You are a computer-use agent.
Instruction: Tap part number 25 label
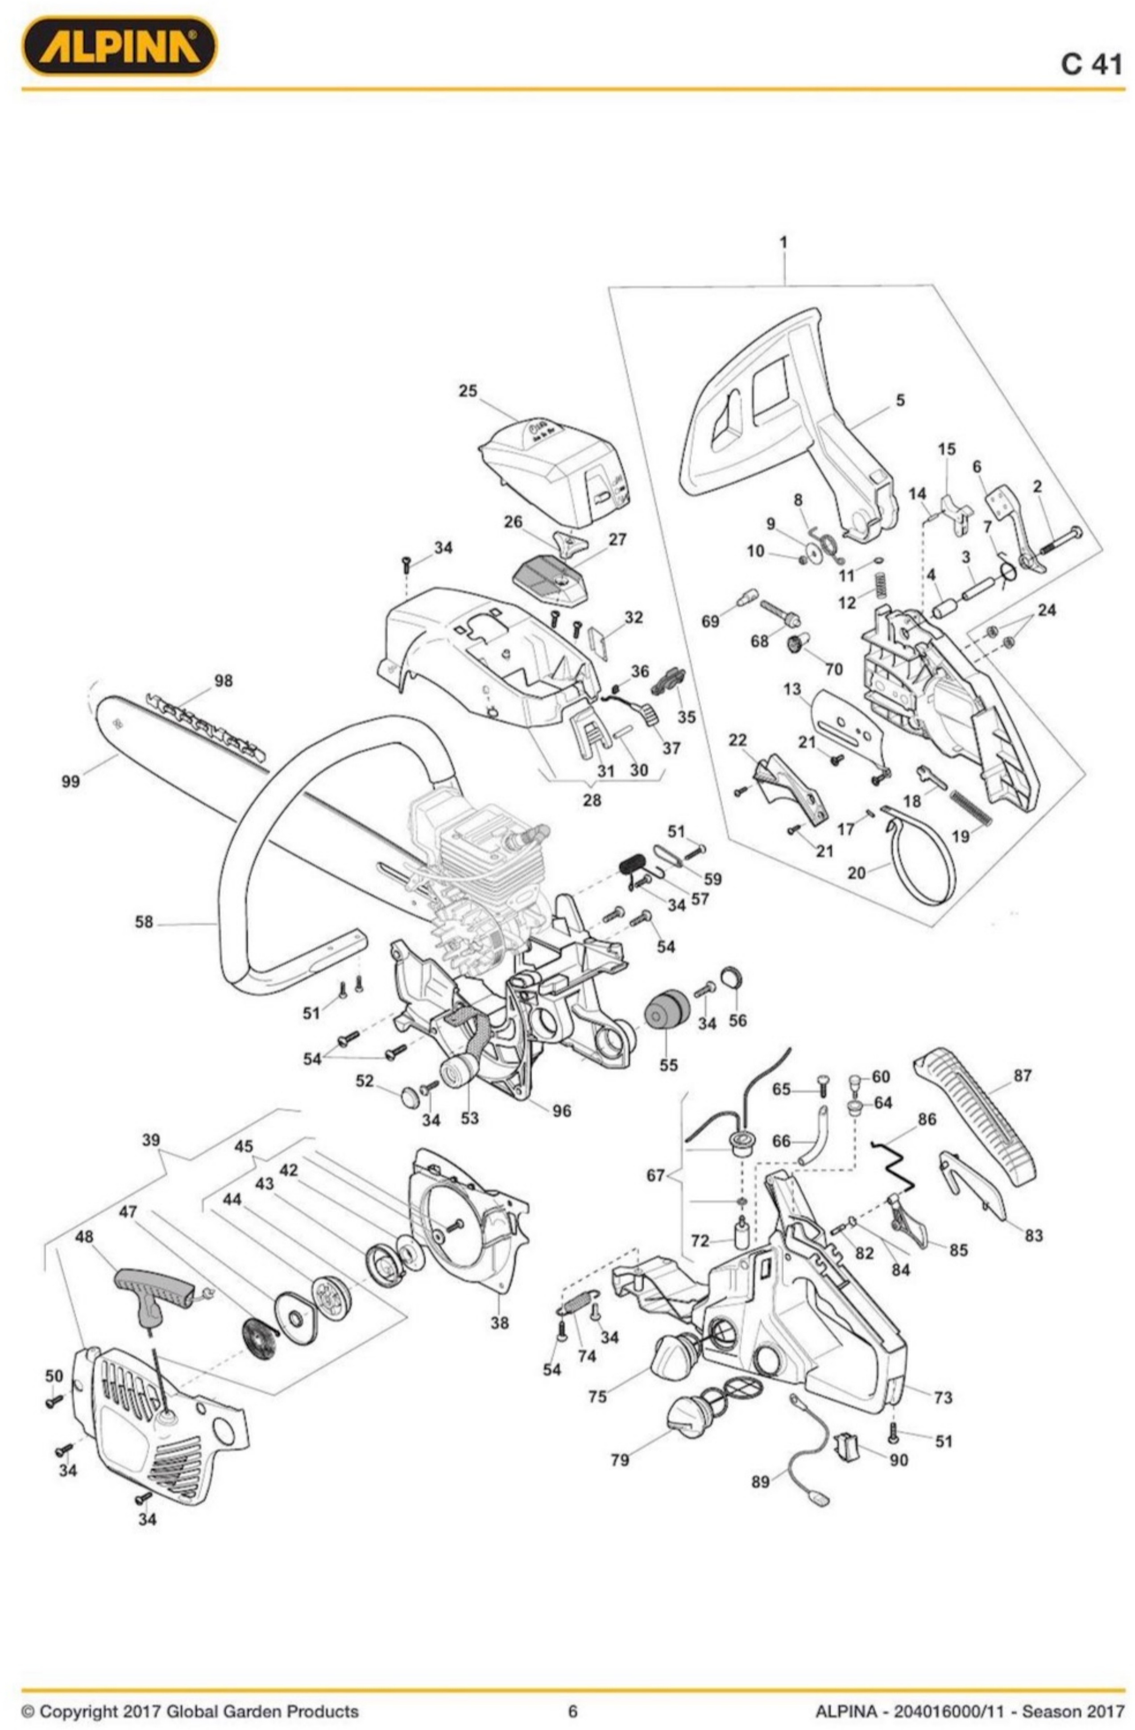[468, 391]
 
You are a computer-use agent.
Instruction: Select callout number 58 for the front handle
[144, 922]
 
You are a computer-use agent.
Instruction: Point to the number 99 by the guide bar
[70, 782]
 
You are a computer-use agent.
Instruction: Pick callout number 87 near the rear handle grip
[1022, 1075]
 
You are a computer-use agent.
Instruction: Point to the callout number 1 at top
[783, 242]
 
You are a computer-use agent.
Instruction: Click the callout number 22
[737, 740]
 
